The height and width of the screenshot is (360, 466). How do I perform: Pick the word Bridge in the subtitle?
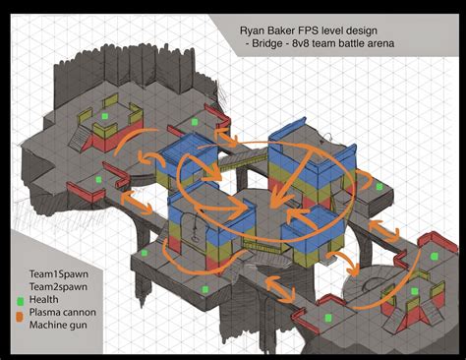click(271, 46)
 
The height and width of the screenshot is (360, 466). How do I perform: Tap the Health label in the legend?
click(45, 295)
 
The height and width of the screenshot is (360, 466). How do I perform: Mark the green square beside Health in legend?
click(19, 295)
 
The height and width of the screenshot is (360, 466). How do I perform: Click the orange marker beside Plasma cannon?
click(19, 309)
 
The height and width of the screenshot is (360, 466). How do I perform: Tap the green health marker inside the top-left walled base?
click(104, 117)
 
